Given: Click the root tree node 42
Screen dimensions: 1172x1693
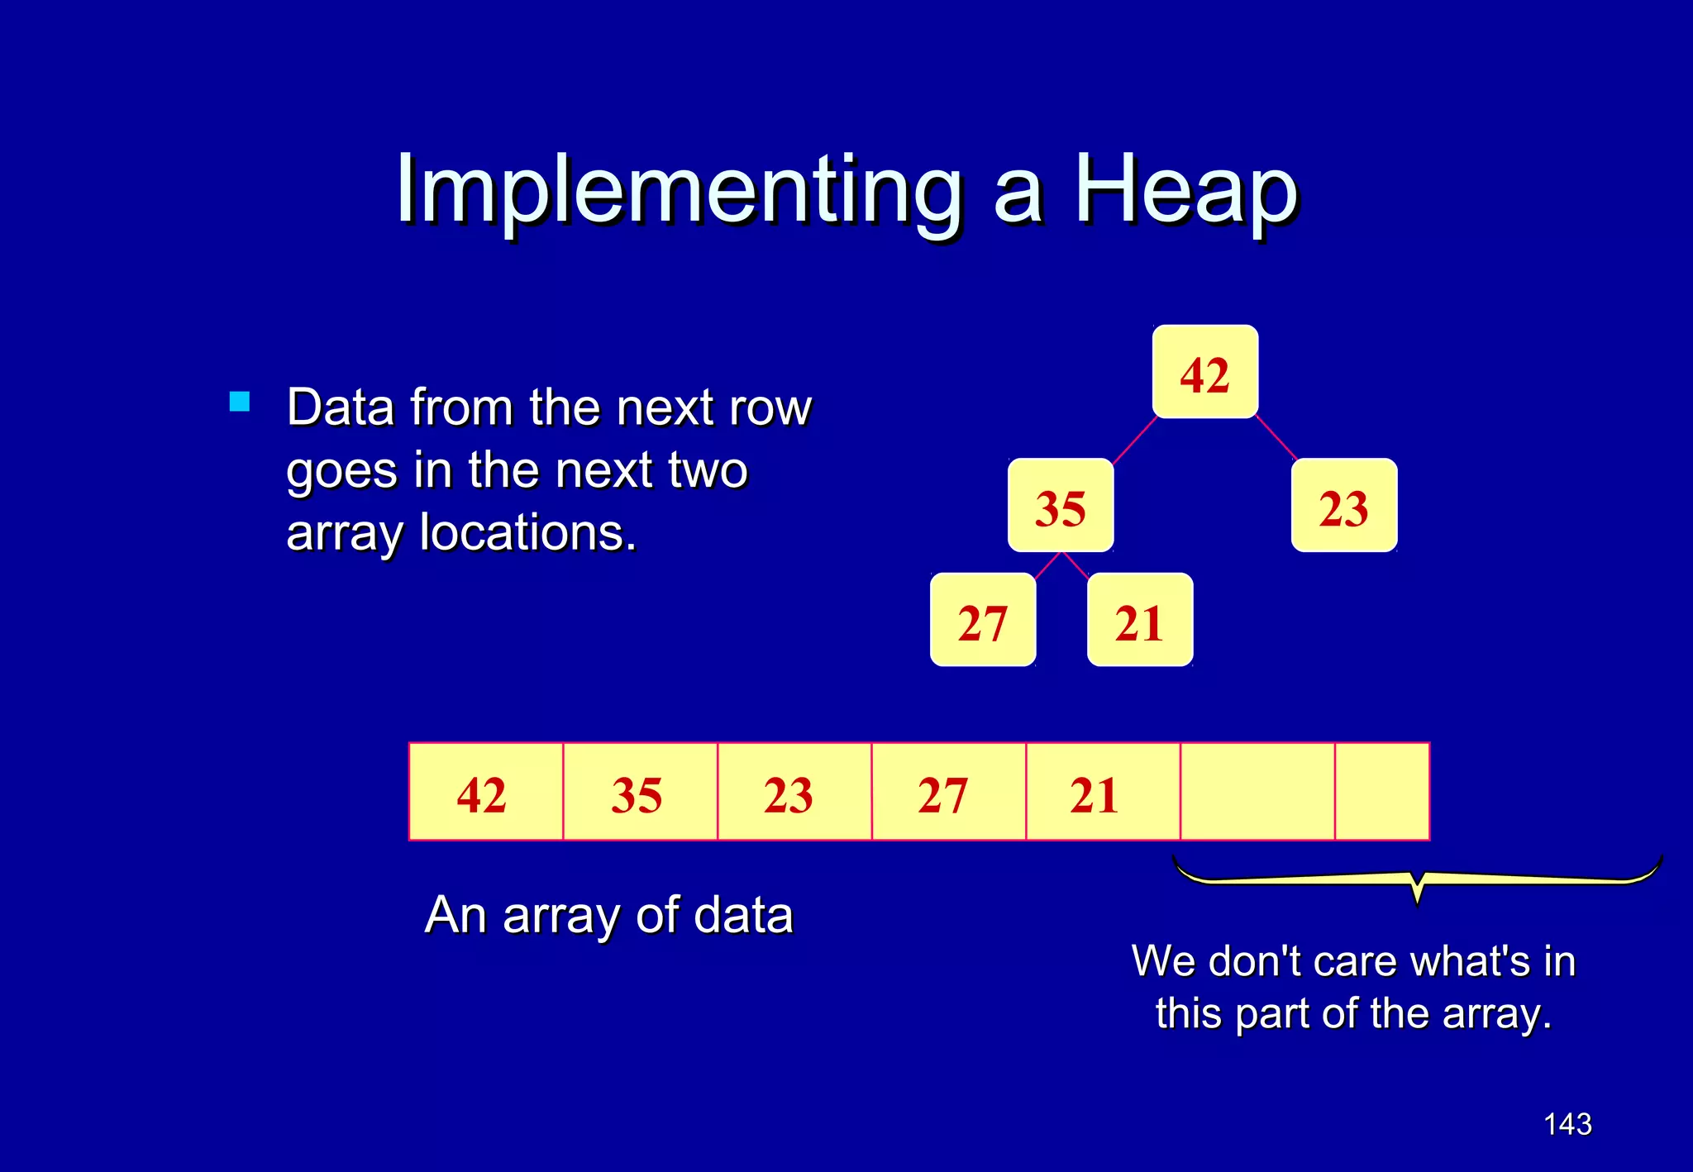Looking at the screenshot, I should pos(1204,372).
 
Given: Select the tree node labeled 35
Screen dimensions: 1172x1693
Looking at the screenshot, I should pos(1061,505).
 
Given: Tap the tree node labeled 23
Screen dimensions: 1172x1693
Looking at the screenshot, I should pos(1344,505).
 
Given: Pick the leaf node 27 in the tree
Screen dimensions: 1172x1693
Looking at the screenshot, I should pos(983,620).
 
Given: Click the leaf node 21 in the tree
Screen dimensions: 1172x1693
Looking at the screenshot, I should pos(1140,620).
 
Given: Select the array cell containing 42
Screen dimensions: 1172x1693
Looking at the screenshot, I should pos(486,792).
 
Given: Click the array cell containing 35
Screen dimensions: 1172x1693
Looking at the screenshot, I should pos(640,792).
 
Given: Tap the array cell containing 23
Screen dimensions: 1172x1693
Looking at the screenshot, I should pos(794,792).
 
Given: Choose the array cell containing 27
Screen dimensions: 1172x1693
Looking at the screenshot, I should pos(948,792).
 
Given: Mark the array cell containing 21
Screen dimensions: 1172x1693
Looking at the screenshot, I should pos(1102,792).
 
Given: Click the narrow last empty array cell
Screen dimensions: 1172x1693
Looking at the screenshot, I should pos(1382,792).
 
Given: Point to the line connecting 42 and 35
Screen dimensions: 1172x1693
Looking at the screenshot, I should pos(1134,441).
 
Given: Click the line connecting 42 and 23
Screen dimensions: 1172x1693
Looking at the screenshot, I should pos(1276,438).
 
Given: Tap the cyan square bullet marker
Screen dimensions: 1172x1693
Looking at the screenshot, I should pos(240,402).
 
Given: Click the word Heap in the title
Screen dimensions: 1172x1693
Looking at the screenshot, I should pos(1185,192).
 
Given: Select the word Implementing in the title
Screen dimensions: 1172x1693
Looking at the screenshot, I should pos(679,192).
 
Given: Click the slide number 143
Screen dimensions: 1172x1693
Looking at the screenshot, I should pos(1567,1124).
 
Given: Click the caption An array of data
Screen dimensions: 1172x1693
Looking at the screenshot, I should pos(609,916).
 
